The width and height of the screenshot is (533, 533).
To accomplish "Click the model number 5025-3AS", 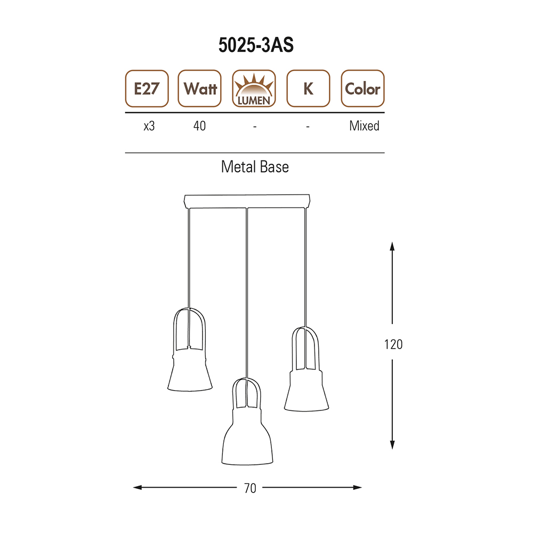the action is coord(256,45).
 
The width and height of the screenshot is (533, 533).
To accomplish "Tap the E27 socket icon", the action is coord(147,88).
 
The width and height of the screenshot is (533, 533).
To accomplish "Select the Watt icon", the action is coord(199,88).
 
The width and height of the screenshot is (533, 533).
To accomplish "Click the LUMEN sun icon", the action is coord(254,88).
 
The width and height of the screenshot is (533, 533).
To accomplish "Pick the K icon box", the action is coord(308,88).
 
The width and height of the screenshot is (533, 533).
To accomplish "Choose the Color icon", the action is coord(362,88).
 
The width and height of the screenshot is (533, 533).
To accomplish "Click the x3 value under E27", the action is coord(149,126).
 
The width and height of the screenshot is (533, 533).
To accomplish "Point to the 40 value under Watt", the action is coord(199,126).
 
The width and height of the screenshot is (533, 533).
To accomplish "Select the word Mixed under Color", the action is coord(364,126).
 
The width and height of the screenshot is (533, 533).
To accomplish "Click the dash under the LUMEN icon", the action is coord(255,127).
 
